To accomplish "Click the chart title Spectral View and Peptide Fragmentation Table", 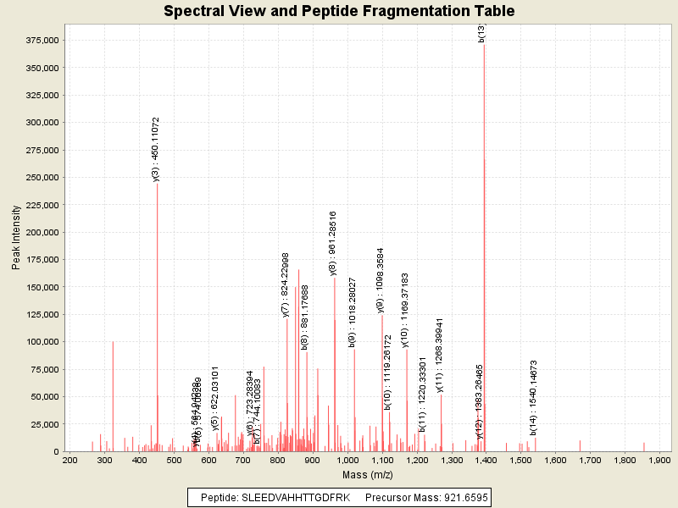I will click(x=339, y=11).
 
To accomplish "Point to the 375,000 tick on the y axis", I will click(x=41, y=41).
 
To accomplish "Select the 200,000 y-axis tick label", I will click(x=41, y=233).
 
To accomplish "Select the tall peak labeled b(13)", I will click(x=484, y=169).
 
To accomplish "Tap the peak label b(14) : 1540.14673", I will click(x=534, y=398).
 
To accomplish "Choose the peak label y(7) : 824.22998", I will click(x=286, y=284).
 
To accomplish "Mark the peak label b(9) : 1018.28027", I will click(x=353, y=312).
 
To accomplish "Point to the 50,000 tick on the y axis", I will click(x=42, y=396).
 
